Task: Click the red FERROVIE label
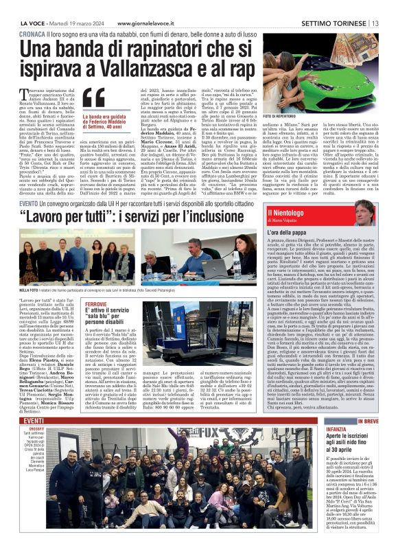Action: (95, 303)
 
